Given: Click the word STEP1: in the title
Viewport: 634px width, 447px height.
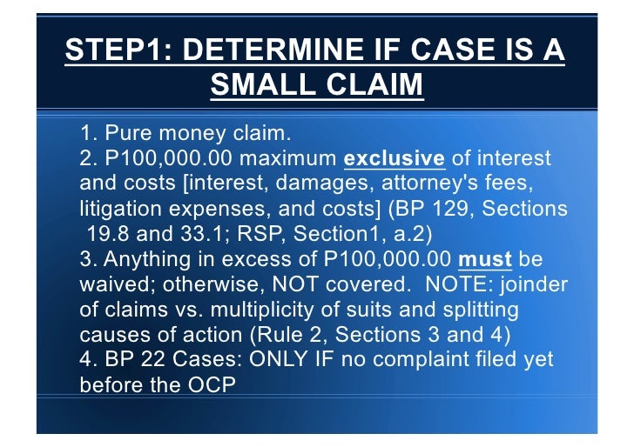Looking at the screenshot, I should (x=116, y=49).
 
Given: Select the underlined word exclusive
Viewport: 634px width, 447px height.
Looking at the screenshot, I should (x=395, y=160).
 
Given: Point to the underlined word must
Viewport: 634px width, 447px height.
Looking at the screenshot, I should (x=479, y=260).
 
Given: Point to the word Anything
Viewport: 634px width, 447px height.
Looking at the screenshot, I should (x=145, y=260).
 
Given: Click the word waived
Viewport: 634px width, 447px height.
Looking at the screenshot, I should (x=111, y=285).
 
